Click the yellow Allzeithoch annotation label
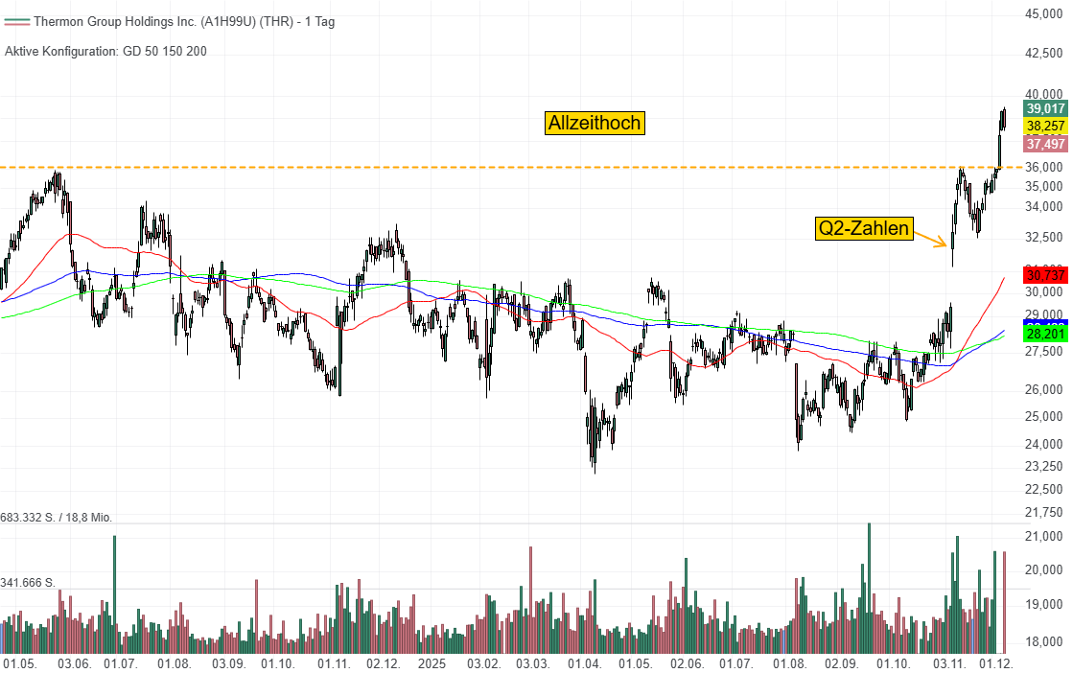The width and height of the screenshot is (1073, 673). (594, 123)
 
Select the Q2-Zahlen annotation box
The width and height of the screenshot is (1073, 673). (864, 228)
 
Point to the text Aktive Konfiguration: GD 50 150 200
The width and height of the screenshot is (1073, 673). (105, 51)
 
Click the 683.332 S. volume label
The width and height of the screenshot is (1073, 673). (56, 518)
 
